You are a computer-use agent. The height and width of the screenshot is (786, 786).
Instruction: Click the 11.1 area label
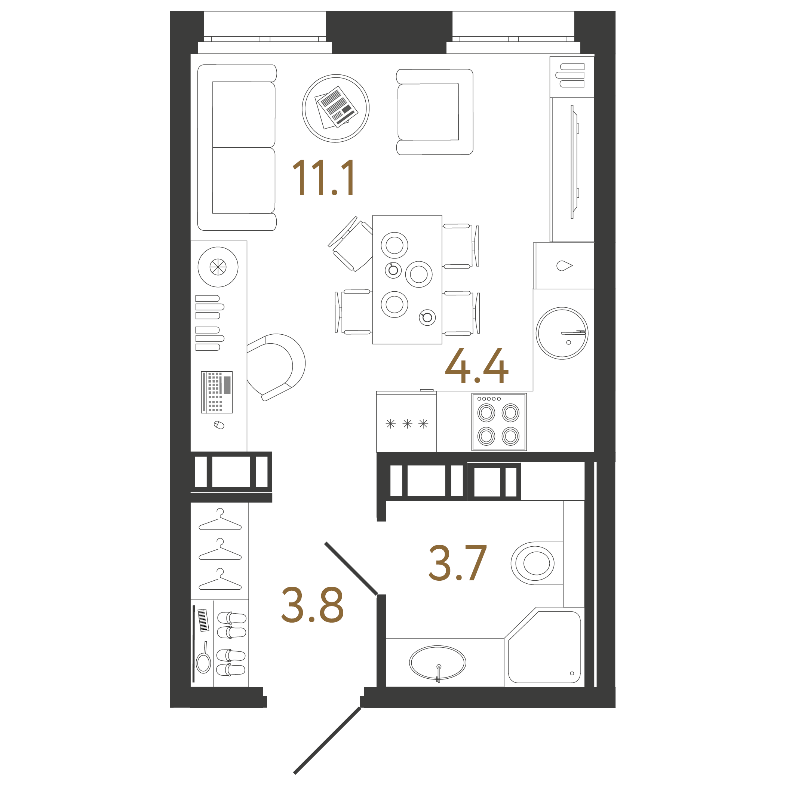323,177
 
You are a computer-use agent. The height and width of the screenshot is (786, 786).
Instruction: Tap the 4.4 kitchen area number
476,365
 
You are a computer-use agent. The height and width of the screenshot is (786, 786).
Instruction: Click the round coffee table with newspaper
336,108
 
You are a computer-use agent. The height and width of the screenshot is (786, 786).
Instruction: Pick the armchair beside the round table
434,112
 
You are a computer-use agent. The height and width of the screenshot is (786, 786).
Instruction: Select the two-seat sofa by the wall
237,147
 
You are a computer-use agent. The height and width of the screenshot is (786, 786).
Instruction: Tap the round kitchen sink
562,333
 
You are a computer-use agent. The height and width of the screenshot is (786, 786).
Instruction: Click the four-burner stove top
499,422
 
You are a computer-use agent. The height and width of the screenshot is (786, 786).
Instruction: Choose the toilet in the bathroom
534,564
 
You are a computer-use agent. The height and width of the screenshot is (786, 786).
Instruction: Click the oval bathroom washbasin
437,663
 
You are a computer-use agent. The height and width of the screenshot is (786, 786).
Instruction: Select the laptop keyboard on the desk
217,392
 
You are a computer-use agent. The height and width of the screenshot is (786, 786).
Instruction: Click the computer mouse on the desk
219,425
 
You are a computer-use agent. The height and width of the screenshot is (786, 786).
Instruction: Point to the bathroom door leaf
351,568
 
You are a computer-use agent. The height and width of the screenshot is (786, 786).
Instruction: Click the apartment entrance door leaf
327,741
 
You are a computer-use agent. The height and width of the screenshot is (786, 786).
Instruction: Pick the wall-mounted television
574,162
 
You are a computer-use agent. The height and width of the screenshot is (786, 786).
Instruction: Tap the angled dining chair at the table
351,245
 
